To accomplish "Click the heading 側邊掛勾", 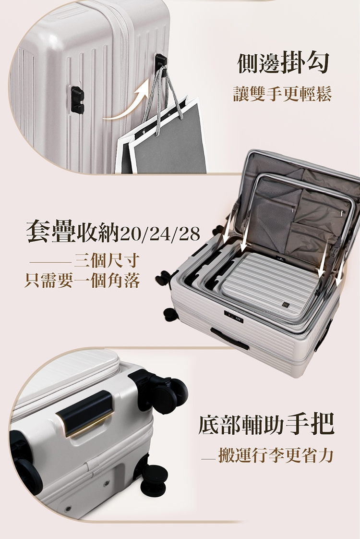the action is pos(283,63).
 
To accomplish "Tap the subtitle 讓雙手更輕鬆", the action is pos(282,94).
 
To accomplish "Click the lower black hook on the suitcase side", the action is pos(77,100).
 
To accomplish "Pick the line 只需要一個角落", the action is pos(82,280).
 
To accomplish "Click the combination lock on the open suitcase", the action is pos(234,316).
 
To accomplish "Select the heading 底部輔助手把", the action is pos(266,425).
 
